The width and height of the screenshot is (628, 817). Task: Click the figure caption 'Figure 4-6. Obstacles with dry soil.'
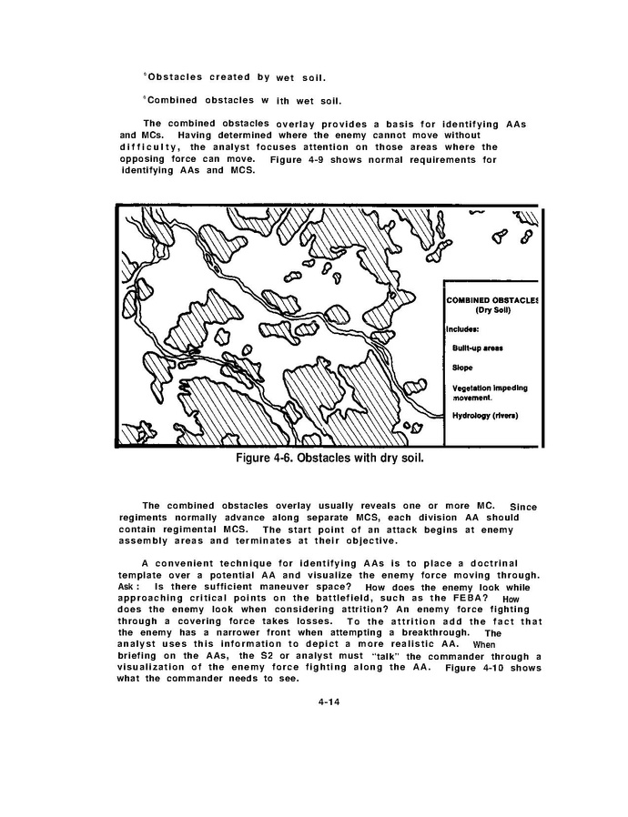click(330, 457)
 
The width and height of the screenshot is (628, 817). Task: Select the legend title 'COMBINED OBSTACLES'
click(491, 299)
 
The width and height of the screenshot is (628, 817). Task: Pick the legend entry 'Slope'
click(462, 368)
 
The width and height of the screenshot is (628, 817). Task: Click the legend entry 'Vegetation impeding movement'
click(489, 393)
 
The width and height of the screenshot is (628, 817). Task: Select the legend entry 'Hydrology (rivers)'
click(485, 416)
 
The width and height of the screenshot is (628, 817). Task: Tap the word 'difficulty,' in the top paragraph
click(149, 147)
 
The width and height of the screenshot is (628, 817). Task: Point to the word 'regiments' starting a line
click(146, 518)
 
